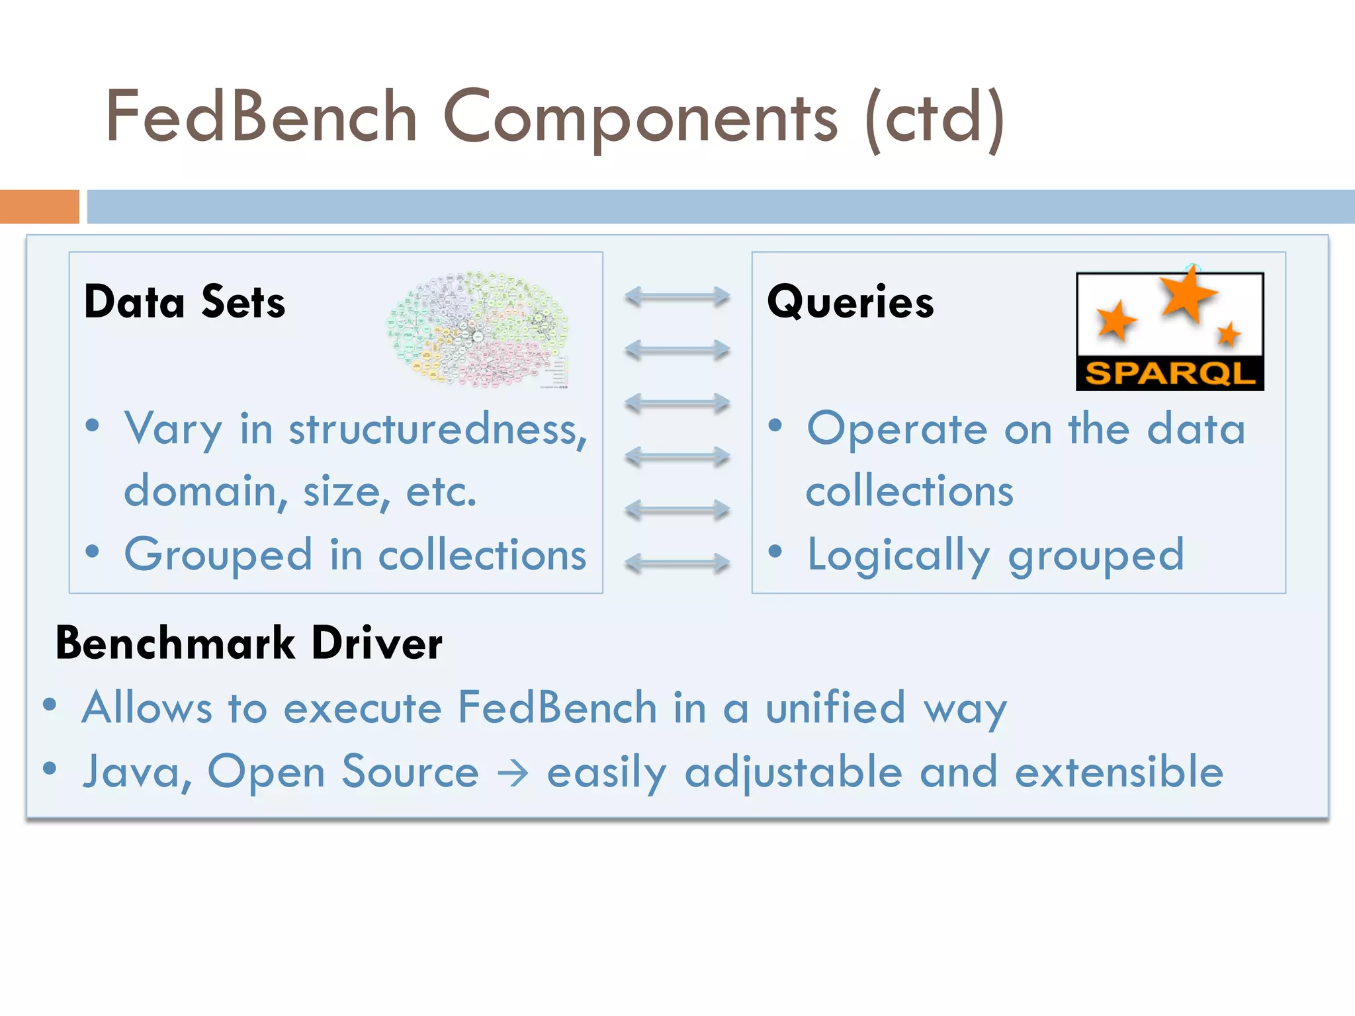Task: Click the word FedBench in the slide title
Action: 261,117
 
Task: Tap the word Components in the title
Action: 640,117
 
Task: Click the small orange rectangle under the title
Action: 39,206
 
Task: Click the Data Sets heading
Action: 185,302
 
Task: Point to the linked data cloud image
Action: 478,329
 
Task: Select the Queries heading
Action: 850,302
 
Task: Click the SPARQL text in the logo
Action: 1170,374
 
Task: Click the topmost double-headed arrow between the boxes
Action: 677,296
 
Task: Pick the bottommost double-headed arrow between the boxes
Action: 677,564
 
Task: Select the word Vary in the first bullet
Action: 173,430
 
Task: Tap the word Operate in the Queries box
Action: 897,430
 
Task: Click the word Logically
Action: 898,556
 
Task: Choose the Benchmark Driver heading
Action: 249,643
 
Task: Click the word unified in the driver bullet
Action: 835,708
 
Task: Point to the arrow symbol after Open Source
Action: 513,773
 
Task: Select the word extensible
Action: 1119,772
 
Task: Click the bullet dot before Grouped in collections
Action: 93,551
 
